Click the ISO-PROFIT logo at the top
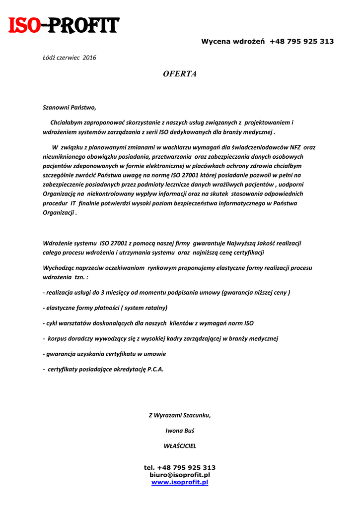click(x=64, y=25)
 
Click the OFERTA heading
click(x=180, y=74)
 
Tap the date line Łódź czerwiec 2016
click(x=70, y=58)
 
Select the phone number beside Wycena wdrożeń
click(x=302, y=42)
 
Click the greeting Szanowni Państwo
click(x=69, y=107)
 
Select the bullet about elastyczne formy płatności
click(x=106, y=308)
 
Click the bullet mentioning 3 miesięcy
click(x=167, y=292)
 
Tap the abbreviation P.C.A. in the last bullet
click(x=155, y=369)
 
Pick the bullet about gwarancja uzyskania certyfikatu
click(x=105, y=354)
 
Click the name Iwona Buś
click(x=180, y=431)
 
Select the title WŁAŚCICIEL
click(x=180, y=446)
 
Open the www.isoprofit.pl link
click(x=180, y=482)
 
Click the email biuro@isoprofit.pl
click(x=180, y=475)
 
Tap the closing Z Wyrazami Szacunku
click(x=180, y=415)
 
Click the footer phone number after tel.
click(x=187, y=467)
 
